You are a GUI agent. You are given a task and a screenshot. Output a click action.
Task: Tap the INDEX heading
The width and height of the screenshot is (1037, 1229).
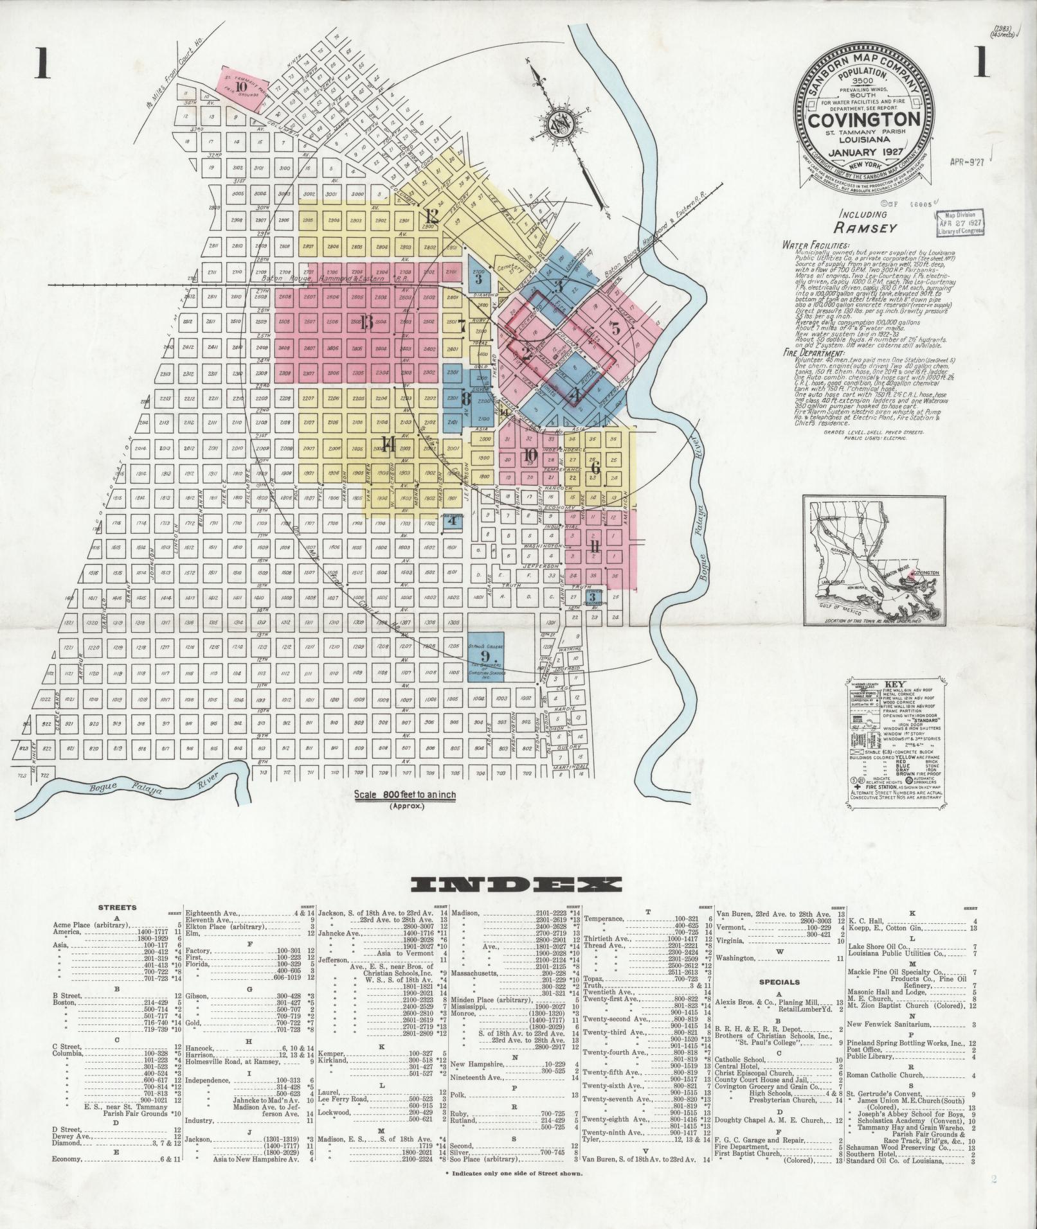pos(518,885)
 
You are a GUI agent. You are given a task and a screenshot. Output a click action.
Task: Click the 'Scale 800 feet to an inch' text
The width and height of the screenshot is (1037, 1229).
pos(406,795)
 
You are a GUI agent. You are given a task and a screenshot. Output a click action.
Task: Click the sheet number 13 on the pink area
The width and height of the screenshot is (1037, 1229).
pos(366,323)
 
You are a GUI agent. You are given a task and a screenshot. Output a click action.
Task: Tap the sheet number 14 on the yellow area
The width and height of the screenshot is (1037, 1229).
pos(387,444)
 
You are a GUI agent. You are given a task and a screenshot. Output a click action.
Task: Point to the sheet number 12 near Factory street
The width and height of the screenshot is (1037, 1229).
pos(431,216)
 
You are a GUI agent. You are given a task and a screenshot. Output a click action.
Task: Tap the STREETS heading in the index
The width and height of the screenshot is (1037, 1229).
pos(116,908)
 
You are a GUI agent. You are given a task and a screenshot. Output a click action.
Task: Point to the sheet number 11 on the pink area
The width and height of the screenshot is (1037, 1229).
pos(595,547)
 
